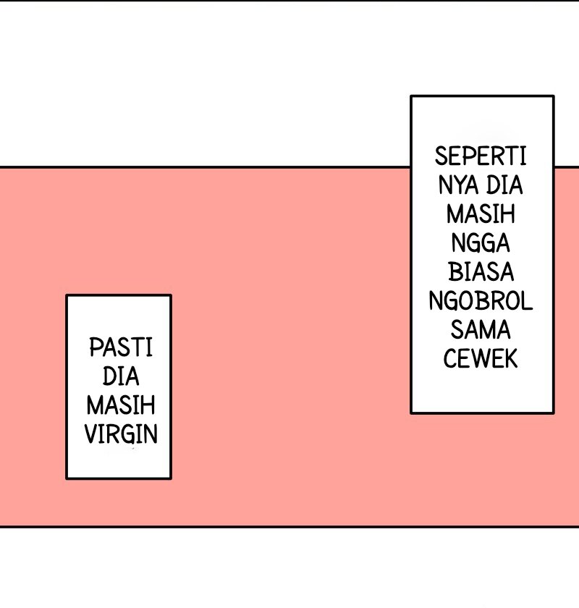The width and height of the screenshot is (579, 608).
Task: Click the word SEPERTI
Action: pos(481,156)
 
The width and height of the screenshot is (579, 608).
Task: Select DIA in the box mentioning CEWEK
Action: pos(504,185)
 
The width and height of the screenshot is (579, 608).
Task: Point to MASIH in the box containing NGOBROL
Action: pos(481,214)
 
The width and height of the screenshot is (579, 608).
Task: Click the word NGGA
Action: pos(481,243)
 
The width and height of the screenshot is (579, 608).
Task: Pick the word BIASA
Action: pos(481,272)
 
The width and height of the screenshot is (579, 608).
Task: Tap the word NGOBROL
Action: pos(481,301)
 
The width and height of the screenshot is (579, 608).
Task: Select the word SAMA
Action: pos(481,330)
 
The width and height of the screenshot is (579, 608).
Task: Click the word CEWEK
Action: pos(481,359)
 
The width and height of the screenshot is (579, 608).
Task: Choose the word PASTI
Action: pos(121,348)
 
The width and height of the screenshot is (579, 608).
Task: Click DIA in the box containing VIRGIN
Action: pos(121,377)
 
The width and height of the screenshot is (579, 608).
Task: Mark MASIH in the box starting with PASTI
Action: pos(121,405)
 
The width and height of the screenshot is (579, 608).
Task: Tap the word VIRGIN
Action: pos(121,434)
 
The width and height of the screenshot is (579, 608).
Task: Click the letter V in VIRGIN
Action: pos(90,434)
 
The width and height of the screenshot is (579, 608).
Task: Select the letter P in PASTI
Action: pos(94,348)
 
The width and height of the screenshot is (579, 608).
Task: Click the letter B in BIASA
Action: pos(454,272)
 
